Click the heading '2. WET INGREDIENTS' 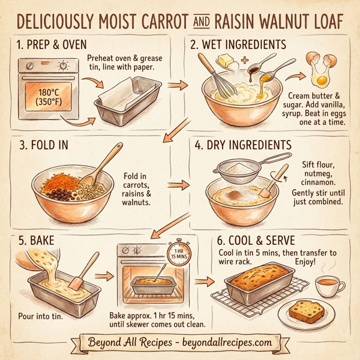[238, 44]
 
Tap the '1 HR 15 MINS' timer [179, 253]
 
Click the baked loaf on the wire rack [261, 287]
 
